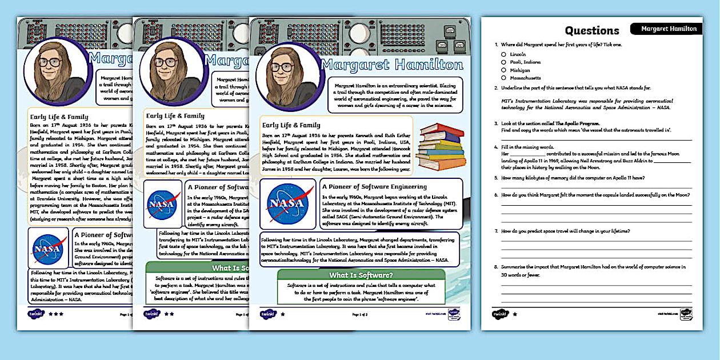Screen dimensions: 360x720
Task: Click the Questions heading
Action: click(x=592, y=31)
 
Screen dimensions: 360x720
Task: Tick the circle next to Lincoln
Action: click(x=503, y=54)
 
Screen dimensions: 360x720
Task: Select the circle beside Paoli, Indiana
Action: click(x=503, y=62)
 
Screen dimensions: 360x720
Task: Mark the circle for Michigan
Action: click(x=503, y=70)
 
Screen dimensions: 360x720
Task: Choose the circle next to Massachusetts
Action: click(x=503, y=78)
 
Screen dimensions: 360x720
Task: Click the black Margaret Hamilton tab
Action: click(x=669, y=29)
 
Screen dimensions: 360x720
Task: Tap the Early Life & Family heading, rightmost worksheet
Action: click(x=291, y=125)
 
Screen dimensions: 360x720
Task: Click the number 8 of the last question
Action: click(x=497, y=267)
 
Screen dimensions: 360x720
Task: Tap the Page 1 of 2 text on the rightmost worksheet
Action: click(x=359, y=314)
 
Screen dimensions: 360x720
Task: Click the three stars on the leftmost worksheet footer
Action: click(x=56, y=314)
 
